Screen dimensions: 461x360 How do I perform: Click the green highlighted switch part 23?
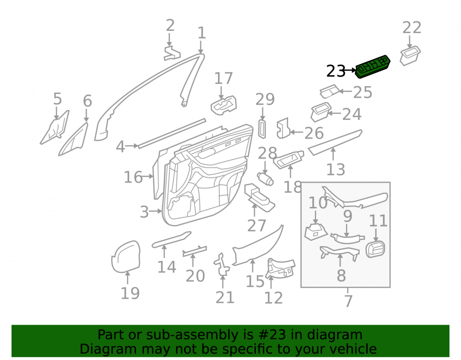point(373,67)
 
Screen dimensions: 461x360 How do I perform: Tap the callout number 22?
point(412,28)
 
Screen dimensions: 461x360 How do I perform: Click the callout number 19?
point(130,293)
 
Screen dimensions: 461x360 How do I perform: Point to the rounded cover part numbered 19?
point(126,257)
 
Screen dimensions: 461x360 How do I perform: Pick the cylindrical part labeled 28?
point(265,179)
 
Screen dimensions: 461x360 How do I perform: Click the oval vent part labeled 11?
point(375,249)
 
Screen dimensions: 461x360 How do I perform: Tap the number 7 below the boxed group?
point(348,301)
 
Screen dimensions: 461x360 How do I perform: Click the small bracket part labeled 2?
point(171,53)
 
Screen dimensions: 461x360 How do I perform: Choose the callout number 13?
point(336,170)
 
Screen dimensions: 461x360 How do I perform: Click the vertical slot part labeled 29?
point(262,129)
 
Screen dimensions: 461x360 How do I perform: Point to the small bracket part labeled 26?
point(284,128)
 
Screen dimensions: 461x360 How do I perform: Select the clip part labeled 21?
point(222,265)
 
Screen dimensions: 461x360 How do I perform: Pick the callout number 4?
point(120,147)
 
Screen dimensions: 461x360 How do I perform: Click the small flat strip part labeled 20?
point(195,251)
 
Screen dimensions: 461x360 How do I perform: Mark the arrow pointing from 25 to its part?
point(345,91)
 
